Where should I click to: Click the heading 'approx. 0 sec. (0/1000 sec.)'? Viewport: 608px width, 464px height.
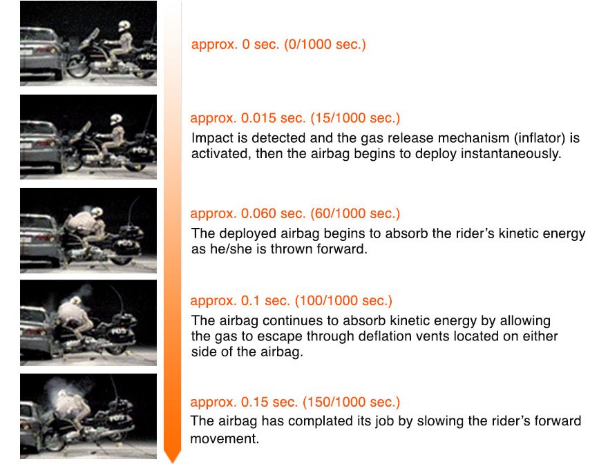click(278, 45)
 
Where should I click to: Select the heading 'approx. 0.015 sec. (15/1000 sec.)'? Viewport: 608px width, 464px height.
click(295, 118)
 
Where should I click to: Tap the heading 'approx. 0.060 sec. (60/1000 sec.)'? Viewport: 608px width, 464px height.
click(295, 213)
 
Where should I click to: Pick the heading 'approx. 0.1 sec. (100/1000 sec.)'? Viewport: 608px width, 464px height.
click(291, 301)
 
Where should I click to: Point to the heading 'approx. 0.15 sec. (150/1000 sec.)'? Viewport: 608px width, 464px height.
click(295, 402)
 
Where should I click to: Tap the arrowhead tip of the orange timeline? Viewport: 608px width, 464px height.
click(172, 462)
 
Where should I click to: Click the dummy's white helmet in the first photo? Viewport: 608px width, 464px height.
click(124, 26)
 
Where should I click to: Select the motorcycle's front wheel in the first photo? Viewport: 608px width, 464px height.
click(79, 67)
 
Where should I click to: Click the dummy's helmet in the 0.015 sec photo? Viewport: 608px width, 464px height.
click(116, 119)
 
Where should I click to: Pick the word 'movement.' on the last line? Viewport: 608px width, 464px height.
click(225, 439)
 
